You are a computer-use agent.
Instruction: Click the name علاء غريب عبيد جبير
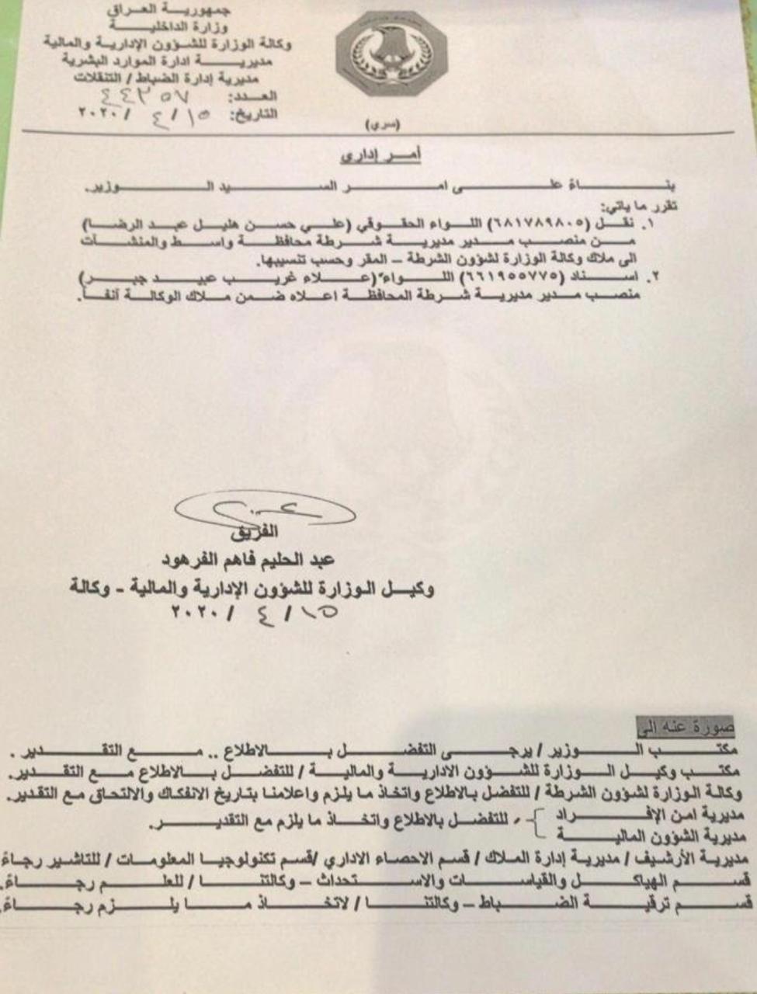[210, 279]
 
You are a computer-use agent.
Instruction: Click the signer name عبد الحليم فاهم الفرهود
[248, 560]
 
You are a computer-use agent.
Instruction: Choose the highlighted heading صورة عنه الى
[684, 728]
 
